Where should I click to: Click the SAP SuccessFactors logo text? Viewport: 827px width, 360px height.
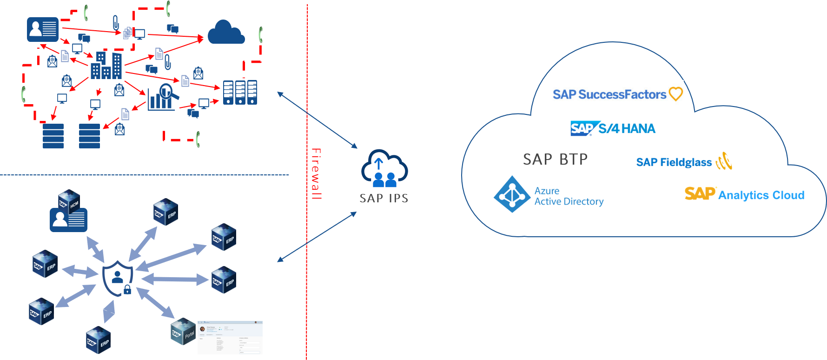coord(609,94)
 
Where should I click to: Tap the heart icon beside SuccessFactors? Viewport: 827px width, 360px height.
coord(675,93)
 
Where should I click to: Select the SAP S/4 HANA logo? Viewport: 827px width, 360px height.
coord(613,128)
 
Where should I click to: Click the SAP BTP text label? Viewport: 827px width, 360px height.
coord(555,160)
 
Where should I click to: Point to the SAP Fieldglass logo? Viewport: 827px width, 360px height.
coord(683,162)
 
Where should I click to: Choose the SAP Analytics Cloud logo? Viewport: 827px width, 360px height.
coord(744,194)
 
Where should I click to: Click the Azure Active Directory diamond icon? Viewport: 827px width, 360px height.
coord(512,194)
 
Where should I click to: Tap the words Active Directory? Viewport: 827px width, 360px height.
coord(569,201)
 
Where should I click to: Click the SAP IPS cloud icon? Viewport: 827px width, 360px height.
coord(384,168)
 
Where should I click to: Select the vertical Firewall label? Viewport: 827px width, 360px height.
coord(316,173)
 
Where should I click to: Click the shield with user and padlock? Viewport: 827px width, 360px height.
coord(118,279)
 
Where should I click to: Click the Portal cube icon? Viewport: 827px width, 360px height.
coord(183,331)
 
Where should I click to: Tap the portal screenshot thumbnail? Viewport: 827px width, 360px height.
coord(230,337)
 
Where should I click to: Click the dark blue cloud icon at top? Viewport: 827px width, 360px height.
coord(226,33)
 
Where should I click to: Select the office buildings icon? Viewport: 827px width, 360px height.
coord(106,66)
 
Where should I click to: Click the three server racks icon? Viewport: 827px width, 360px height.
coord(240,92)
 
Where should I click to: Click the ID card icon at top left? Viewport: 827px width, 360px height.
coord(43,30)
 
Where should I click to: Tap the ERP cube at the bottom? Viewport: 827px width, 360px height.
coord(98,340)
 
